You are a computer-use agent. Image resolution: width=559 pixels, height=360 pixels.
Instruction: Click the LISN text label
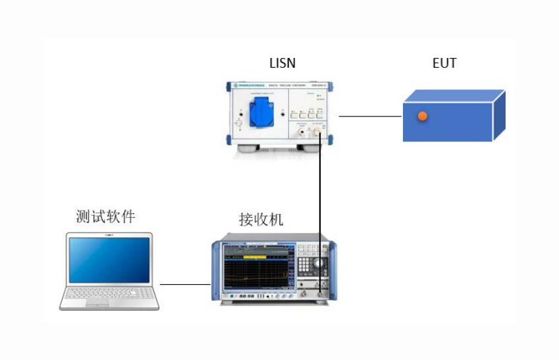282,64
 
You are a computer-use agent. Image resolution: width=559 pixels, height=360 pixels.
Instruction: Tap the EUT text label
444,63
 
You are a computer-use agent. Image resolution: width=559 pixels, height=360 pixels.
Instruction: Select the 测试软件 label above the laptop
105,217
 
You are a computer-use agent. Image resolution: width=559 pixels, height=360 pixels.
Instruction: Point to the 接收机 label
261,219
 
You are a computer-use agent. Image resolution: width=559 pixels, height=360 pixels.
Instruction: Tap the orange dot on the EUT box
423,116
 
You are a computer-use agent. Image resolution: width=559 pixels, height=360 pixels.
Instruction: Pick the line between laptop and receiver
185,285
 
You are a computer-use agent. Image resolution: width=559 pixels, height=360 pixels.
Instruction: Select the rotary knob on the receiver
319,263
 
